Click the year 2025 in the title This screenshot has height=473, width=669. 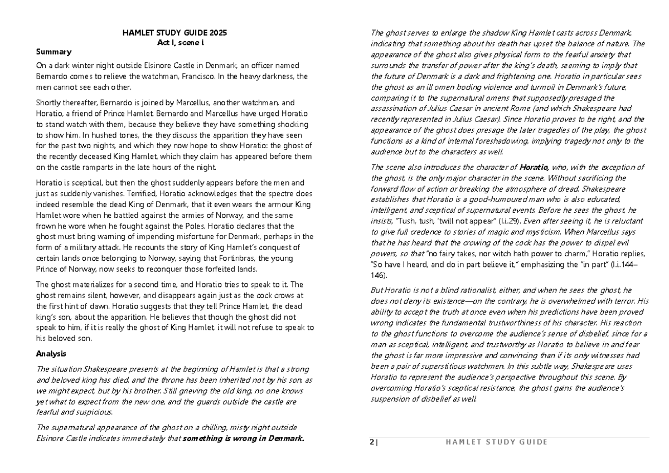pos(217,32)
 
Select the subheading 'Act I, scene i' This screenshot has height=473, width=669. pos(174,42)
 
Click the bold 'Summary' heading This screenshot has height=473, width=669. pos(54,52)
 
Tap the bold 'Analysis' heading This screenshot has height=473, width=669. pos(51,353)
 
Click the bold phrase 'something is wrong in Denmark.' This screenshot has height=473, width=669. pos(244,438)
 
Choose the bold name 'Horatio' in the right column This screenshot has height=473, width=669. pos(535,167)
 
